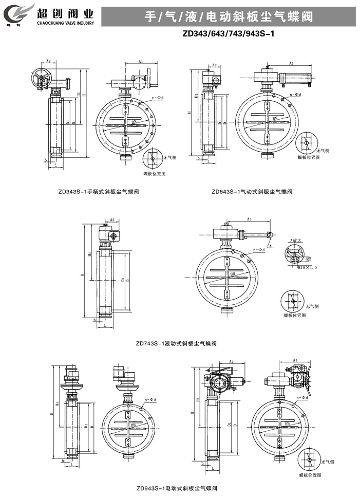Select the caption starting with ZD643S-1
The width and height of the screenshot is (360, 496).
click(252, 191)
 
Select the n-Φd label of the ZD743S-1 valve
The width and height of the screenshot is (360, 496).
click(258, 250)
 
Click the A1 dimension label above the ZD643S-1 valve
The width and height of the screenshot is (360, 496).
click(291, 63)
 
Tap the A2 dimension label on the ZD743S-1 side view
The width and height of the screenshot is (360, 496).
click(112, 219)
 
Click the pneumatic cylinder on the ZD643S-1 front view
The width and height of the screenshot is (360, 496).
click(298, 78)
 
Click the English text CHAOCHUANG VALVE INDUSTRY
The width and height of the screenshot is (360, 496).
click(66, 23)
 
